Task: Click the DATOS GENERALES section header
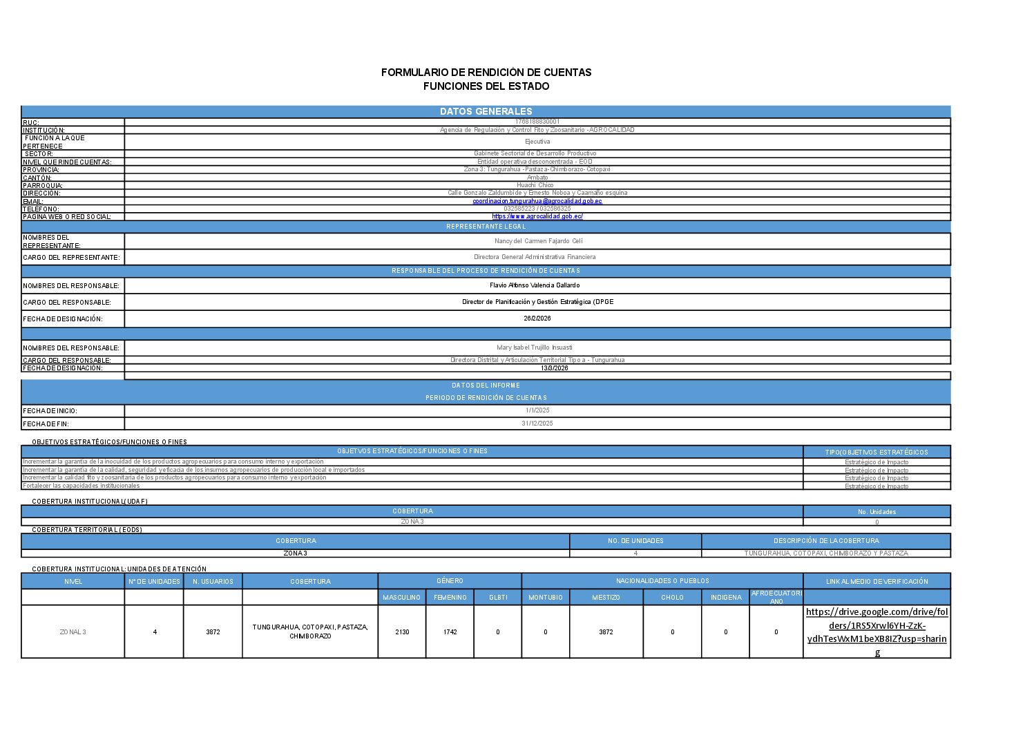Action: (x=486, y=111)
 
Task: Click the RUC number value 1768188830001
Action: (x=537, y=122)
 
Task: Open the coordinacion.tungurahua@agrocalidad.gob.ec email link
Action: (x=537, y=201)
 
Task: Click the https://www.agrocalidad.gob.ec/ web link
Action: (x=537, y=216)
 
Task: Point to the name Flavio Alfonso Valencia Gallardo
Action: (x=535, y=285)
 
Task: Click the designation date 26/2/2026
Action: (x=537, y=319)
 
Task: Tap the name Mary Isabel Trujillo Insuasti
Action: (x=534, y=348)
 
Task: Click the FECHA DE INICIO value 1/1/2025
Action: (x=537, y=410)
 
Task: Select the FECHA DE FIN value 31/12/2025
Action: (x=537, y=424)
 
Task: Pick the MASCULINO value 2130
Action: (x=402, y=632)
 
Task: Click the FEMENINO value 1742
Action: (x=450, y=632)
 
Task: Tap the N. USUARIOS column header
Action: (x=213, y=582)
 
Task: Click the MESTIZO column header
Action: (x=606, y=598)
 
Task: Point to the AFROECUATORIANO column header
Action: (x=776, y=597)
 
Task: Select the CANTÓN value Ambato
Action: (x=537, y=178)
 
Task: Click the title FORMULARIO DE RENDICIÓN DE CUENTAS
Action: (x=486, y=72)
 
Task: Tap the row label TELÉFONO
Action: (x=41, y=209)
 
